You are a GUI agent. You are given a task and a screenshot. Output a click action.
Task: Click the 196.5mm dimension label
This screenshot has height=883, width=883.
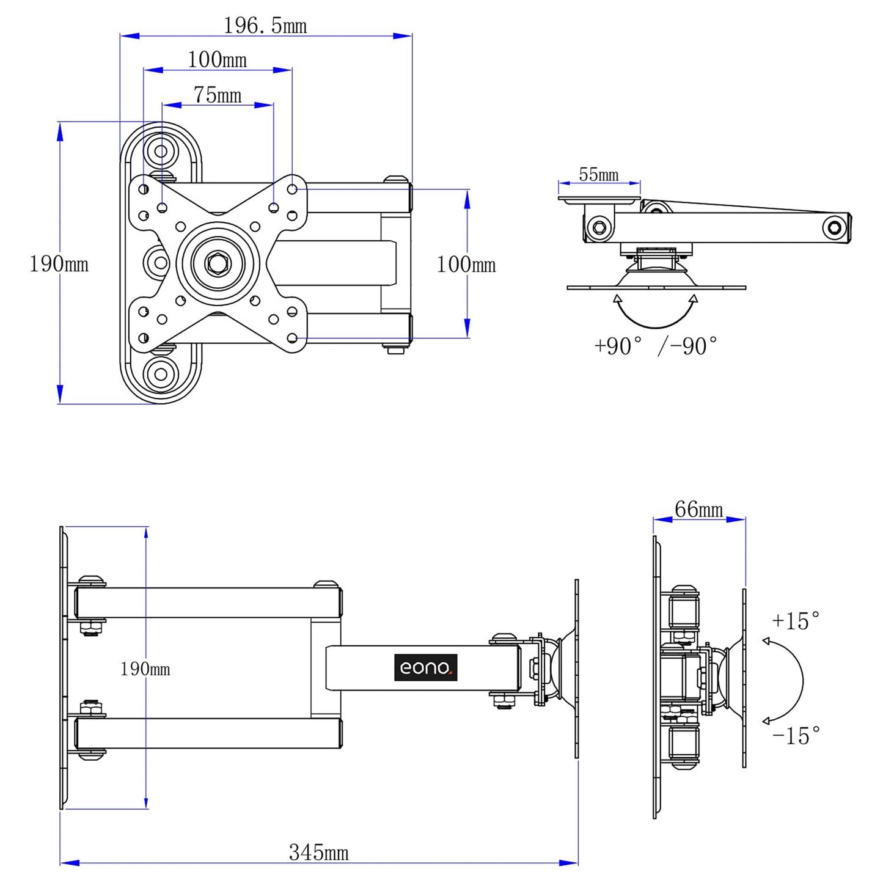click(265, 26)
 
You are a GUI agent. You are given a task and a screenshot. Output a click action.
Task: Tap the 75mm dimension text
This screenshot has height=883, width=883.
click(218, 95)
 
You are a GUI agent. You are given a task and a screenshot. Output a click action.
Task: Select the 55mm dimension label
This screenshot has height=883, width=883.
click(599, 175)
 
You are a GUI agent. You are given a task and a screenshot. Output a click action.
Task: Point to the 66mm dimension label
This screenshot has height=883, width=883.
click(698, 509)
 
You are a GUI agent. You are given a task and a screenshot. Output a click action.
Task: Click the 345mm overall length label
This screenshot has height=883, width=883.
click(318, 852)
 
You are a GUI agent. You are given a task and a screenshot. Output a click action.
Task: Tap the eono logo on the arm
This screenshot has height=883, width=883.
click(425, 667)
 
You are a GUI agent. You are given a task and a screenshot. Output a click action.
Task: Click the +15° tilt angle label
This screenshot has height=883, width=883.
click(796, 621)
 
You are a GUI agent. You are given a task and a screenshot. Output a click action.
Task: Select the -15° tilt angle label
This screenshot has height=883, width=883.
click(796, 736)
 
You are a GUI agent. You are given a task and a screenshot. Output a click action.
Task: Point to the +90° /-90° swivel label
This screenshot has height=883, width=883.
click(656, 346)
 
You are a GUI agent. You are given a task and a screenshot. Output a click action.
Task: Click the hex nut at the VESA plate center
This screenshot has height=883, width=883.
click(218, 263)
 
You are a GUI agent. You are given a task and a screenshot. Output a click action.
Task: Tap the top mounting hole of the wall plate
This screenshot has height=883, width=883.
click(161, 150)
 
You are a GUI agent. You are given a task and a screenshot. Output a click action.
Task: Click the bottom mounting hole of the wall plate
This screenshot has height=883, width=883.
click(161, 373)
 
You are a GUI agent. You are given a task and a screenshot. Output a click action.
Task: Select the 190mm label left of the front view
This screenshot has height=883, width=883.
click(59, 264)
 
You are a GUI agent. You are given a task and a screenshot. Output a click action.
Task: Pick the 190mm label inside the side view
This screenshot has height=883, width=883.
click(145, 669)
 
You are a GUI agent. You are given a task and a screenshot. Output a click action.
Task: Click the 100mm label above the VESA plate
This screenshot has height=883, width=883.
click(217, 60)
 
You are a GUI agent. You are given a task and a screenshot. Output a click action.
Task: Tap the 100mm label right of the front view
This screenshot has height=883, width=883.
click(466, 265)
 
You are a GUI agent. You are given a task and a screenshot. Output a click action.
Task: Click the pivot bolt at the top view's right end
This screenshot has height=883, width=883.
click(834, 228)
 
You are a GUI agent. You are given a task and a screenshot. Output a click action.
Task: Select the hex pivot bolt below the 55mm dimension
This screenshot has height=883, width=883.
click(599, 228)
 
